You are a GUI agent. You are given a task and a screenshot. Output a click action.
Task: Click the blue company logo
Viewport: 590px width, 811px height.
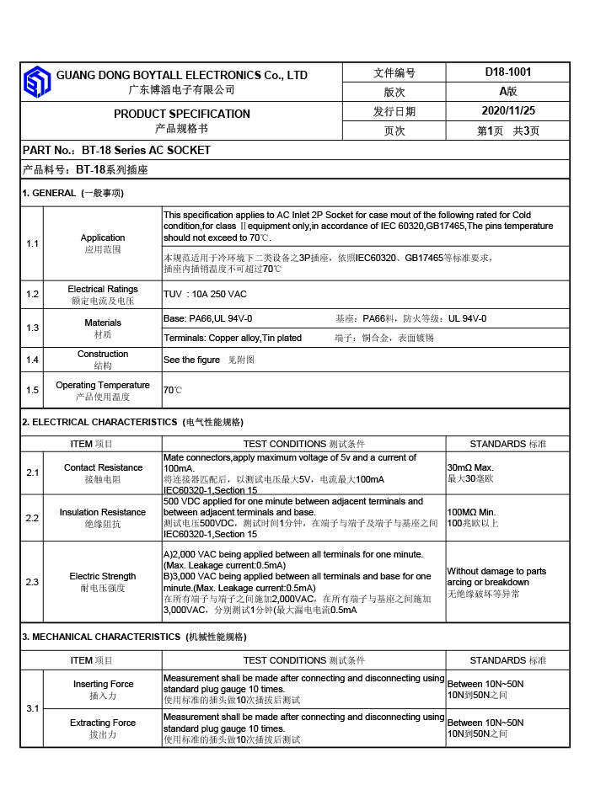[x=37, y=82]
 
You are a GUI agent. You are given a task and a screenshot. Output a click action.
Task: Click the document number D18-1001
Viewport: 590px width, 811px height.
[x=507, y=72]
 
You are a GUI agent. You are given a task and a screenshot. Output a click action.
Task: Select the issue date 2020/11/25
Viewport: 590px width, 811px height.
[x=507, y=110]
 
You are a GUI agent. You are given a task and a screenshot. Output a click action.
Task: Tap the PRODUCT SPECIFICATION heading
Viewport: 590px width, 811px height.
[x=181, y=114]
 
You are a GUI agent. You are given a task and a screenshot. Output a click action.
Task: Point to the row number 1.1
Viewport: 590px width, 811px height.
[x=32, y=243]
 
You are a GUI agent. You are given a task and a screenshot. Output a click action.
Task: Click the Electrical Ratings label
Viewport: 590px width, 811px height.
[x=103, y=289]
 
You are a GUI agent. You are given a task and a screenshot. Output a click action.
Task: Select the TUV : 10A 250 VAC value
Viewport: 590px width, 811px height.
[x=205, y=294]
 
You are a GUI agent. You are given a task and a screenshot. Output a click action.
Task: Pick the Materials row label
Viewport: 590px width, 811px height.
[x=103, y=323]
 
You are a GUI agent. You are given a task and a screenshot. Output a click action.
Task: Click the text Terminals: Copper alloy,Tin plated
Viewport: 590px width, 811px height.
[x=233, y=338]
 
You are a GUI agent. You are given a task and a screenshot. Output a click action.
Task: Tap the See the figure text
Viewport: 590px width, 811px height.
[x=191, y=360]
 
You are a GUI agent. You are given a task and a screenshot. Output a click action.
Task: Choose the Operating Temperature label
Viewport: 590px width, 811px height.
[x=103, y=385]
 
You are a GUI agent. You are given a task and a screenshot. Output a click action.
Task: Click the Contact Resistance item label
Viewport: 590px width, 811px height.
[x=103, y=467]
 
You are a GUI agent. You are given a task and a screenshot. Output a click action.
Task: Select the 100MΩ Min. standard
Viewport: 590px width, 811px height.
[x=471, y=512]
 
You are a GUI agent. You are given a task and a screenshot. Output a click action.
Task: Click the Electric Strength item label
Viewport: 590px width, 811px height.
[x=103, y=577]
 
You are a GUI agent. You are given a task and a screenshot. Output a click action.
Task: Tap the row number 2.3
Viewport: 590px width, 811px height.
[x=32, y=582]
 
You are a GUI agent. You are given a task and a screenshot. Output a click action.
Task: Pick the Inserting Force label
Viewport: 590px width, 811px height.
[x=103, y=684]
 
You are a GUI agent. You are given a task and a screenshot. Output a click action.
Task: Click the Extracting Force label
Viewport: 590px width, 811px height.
[x=103, y=723]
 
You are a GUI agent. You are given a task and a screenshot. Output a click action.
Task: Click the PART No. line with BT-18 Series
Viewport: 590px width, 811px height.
[x=116, y=150]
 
